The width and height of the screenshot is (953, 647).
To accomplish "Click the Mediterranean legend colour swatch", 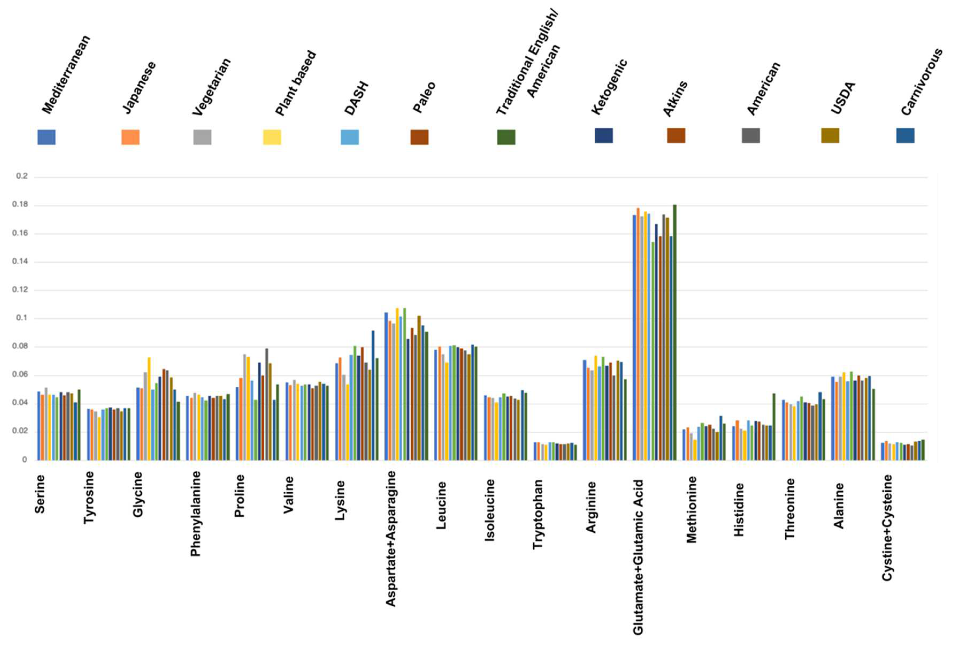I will (x=46, y=137).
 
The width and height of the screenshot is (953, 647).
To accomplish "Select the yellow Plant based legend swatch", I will (x=272, y=137).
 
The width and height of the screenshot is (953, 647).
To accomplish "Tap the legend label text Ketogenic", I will (x=609, y=87).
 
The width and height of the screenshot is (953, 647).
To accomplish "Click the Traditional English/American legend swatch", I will (x=506, y=137).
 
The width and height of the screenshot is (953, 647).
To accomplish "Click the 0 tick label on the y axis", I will (x=25, y=460).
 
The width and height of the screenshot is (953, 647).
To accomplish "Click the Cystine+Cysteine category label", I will (x=887, y=528).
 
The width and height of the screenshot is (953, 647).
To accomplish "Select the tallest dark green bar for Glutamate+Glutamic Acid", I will (x=675, y=332).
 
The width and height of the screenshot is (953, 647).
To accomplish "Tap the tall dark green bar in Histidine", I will (x=774, y=427).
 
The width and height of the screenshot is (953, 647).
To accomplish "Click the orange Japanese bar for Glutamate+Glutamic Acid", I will (x=638, y=334).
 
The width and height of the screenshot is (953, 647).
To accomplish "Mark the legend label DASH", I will (x=356, y=98).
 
